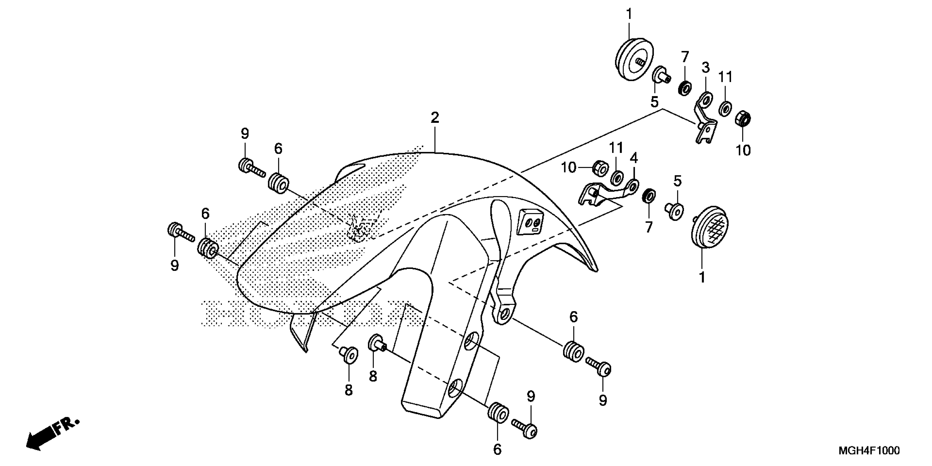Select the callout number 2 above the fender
pos(434,118)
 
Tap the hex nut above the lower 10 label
pos(743,119)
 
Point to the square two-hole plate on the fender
pos(531,223)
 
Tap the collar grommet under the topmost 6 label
pos(278,183)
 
